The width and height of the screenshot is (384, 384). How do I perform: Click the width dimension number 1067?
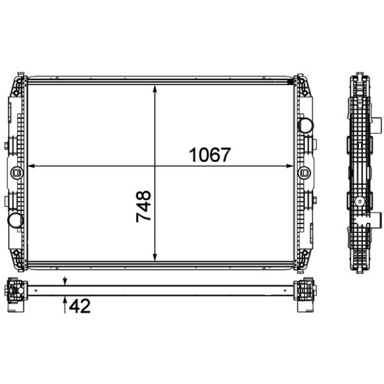click(x=210, y=155)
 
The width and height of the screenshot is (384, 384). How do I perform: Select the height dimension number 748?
click(x=144, y=206)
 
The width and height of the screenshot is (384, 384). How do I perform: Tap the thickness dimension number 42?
click(x=80, y=306)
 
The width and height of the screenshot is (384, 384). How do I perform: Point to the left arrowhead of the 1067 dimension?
click(x=31, y=166)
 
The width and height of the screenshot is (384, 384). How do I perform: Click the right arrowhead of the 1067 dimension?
click(x=290, y=166)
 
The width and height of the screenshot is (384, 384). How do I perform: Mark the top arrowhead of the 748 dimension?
click(x=155, y=88)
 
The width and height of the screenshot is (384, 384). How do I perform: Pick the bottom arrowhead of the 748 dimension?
click(x=155, y=257)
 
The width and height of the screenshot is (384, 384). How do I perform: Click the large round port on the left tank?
click(x=15, y=220)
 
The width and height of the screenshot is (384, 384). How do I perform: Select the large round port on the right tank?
click(x=305, y=125)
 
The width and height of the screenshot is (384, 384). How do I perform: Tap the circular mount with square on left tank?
click(x=17, y=173)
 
